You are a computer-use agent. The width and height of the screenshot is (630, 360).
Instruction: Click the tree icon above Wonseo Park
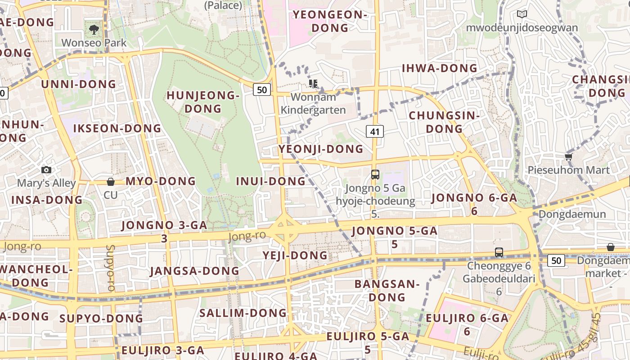point(94,30)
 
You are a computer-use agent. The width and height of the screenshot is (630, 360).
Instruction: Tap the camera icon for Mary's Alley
point(46,170)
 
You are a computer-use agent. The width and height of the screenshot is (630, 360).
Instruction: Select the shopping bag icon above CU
point(111,182)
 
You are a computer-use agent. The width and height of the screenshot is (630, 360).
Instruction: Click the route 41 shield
point(374,131)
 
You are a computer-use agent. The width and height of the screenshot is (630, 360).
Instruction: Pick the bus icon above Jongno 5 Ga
point(375,175)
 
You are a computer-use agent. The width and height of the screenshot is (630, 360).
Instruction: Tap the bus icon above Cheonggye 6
point(499,252)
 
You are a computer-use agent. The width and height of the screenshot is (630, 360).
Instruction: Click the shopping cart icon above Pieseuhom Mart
point(568,157)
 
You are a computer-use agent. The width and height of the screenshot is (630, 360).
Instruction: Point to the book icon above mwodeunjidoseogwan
point(522,14)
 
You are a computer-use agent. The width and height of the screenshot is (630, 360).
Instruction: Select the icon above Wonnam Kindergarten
point(313,83)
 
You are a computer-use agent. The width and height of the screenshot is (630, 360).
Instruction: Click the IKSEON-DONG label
point(117,129)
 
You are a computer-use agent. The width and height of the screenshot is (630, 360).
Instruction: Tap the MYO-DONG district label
point(161,181)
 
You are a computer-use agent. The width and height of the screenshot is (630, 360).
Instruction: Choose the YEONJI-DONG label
point(320,149)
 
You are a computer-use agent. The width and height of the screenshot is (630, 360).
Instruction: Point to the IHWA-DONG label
point(439,68)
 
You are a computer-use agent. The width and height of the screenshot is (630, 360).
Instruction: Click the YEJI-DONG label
point(295,256)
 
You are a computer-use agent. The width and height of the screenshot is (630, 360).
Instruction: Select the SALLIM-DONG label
point(243,313)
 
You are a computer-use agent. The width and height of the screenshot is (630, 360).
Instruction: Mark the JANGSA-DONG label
point(194,271)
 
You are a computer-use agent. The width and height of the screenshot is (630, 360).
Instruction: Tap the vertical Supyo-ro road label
point(110,267)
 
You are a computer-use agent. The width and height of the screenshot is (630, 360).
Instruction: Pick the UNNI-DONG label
point(79,84)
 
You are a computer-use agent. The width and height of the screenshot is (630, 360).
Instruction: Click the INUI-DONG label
point(271,181)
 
